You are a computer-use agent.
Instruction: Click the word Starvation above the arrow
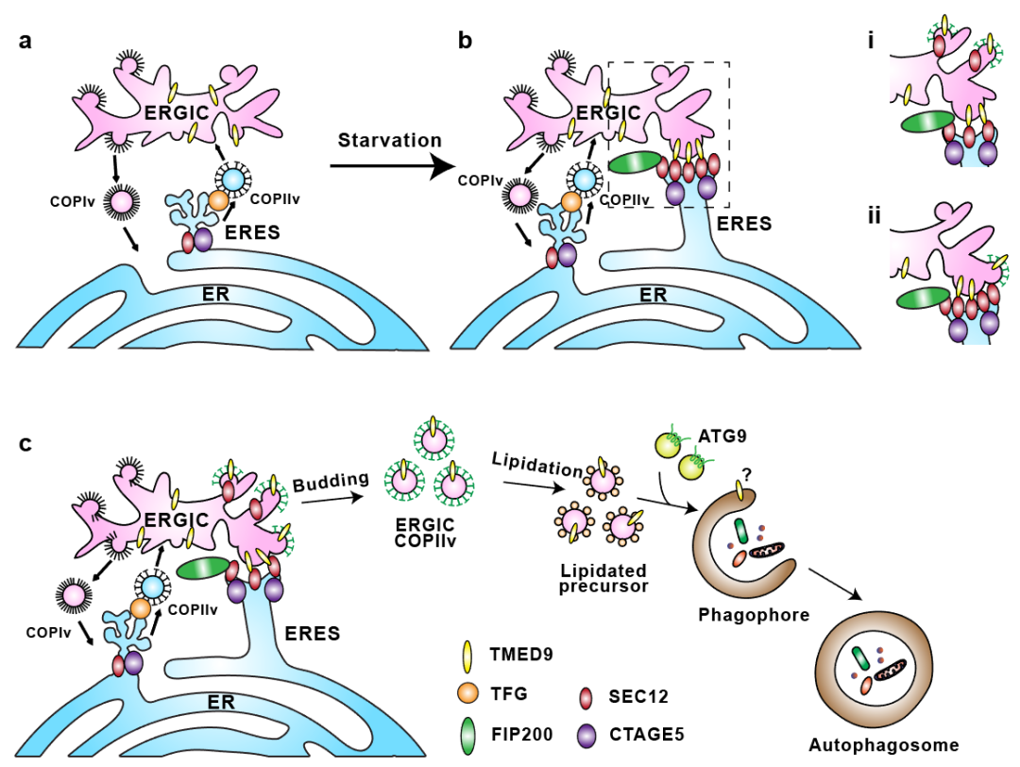tap(390, 141)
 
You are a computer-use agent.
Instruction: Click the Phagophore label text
tap(753, 615)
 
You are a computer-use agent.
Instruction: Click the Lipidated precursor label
tap(603, 579)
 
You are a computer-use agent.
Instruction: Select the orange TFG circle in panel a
tap(219, 200)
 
